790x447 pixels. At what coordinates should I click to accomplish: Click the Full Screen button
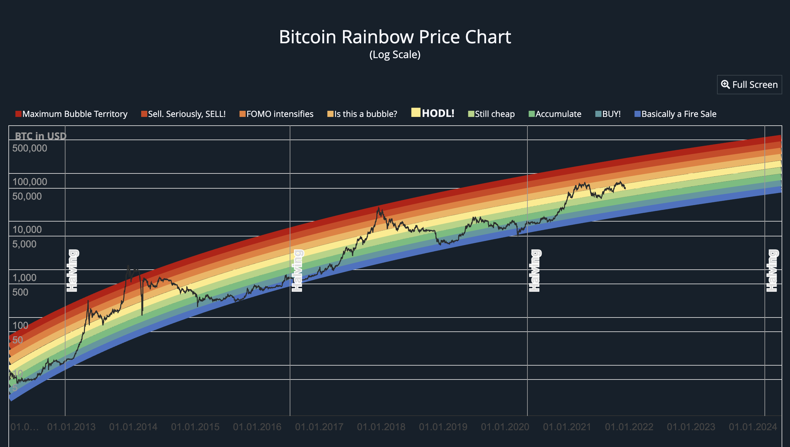coord(749,85)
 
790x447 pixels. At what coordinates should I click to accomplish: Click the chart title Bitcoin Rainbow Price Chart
coord(395,37)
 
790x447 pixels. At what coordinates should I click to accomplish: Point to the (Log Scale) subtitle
coord(395,55)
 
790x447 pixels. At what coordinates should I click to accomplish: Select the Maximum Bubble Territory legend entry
coord(71,114)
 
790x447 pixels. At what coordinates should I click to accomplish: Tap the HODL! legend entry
coord(433,113)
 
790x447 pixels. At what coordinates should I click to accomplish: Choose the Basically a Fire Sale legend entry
coord(675,114)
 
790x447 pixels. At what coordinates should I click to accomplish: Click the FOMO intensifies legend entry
coord(276,114)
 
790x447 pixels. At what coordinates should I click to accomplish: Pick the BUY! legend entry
coord(608,114)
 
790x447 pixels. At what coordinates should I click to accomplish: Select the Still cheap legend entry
coord(491,114)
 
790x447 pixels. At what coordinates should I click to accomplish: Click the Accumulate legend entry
coord(555,114)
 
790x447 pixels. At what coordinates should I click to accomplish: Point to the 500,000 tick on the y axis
coord(30,148)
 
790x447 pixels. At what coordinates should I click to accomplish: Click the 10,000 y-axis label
coord(27,230)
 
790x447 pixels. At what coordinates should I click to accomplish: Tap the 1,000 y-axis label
coord(25,278)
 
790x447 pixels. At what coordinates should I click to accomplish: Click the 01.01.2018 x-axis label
coord(381,427)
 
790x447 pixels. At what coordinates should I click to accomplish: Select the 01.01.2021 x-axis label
coord(567,427)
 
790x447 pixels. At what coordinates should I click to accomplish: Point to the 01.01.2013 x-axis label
coord(71,427)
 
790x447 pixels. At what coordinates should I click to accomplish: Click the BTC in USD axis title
coord(41,136)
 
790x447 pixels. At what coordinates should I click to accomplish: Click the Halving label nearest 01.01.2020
coord(535,271)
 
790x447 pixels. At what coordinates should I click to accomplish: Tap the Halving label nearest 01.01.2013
coord(72,271)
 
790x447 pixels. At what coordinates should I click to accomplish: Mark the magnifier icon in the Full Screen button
coord(725,84)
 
